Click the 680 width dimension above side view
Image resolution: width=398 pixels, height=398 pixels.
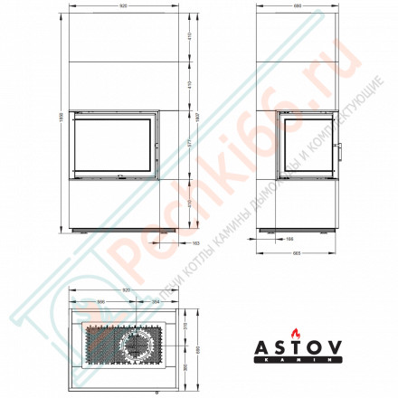tap(297, 8)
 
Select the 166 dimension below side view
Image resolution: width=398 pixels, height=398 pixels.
tap(290, 239)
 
